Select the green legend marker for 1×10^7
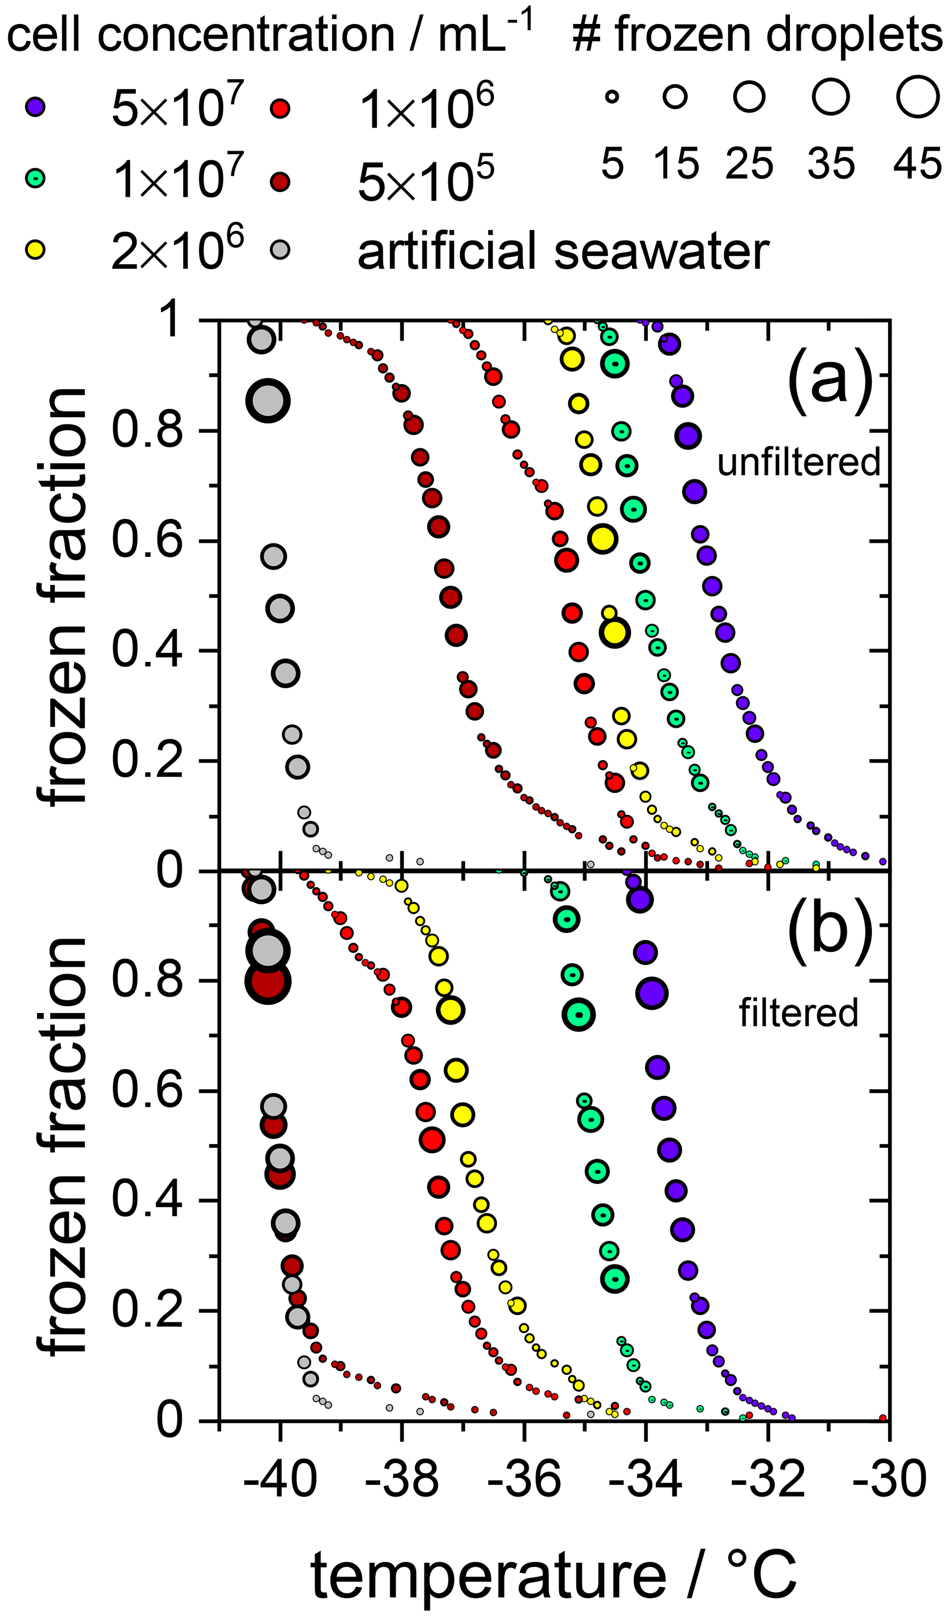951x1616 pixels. [35, 178]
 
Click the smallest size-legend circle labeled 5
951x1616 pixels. [612, 97]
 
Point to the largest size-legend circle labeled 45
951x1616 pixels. [918, 97]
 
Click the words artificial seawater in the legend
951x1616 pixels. [563, 251]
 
